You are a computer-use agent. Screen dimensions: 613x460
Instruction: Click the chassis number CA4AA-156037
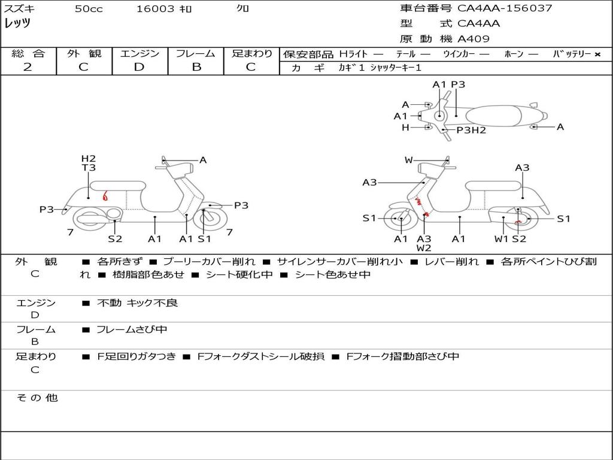pos(505,8)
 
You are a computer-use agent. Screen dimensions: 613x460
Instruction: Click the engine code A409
pos(474,39)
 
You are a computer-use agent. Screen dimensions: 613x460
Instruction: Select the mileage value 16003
pos(155,9)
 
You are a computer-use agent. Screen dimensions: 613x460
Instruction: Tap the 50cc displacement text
pos(89,9)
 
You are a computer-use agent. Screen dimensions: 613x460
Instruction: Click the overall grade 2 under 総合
pos(28,67)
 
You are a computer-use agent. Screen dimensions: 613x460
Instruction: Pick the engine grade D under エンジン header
pos(139,67)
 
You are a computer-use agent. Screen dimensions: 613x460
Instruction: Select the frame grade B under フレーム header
pos(196,67)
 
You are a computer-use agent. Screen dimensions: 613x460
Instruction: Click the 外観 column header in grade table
pos(84,54)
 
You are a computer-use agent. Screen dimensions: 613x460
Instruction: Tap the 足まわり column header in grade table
pos(252,54)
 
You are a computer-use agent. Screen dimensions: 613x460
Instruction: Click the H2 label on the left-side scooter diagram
pos(89,159)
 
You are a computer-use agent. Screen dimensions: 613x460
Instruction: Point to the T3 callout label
pos(89,168)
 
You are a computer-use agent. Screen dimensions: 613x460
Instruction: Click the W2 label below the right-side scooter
pos(424,248)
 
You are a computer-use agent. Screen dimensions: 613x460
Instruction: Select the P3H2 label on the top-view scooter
pos(471,130)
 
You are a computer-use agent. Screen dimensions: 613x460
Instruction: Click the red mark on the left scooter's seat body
pos(105,195)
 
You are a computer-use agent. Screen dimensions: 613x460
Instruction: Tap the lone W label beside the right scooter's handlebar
pos(408,160)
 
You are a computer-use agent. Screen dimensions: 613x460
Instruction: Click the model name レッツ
pos(17,23)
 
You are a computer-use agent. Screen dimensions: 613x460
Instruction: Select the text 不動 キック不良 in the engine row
pos(137,303)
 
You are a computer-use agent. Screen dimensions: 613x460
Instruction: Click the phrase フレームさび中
pos(132,329)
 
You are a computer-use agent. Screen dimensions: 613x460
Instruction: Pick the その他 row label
pos(37,398)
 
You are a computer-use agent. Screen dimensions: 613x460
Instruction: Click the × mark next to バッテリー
pos(597,55)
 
